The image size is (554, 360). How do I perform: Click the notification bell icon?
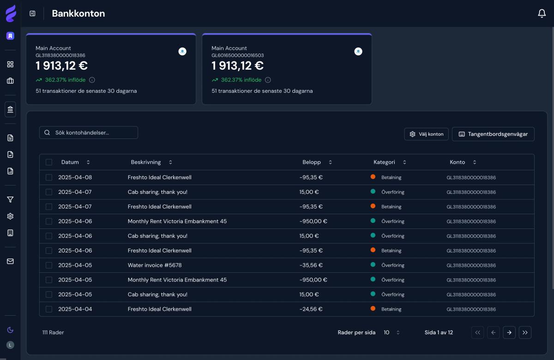click(x=542, y=14)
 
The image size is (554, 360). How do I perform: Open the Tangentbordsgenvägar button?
click(x=493, y=134)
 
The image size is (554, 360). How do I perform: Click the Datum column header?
click(x=70, y=162)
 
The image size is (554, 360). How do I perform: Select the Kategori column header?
click(x=385, y=162)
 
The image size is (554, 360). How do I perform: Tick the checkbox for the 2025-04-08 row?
click(x=49, y=177)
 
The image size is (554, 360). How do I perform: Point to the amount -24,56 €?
click(x=311, y=309)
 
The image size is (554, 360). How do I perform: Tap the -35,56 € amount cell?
click(x=311, y=265)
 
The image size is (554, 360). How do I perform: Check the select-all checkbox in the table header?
click(x=49, y=162)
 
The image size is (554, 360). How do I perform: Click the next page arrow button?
click(x=509, y=332)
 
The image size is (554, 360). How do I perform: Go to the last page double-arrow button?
click(x=525, y=332)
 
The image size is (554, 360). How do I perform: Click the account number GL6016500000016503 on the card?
click(x=238, y=55)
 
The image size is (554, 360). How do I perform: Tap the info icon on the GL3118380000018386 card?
click(x=92, y=80)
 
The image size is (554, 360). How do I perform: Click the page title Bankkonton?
click(x=78, y=14)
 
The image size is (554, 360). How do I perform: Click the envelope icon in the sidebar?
click(x=10, y=261)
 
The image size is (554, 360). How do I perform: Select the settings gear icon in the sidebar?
click(x=10, y=216)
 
